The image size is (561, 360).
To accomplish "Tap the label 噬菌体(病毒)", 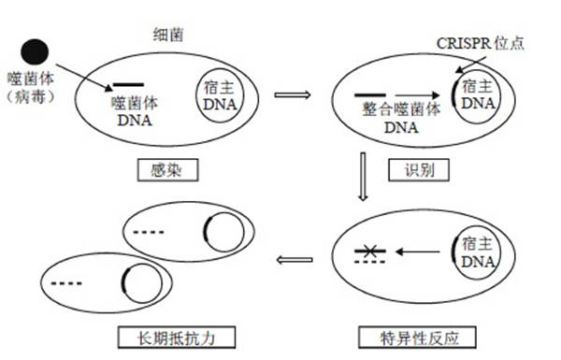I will (36, 89).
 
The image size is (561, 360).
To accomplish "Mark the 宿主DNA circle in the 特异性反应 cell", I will (477, 252).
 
